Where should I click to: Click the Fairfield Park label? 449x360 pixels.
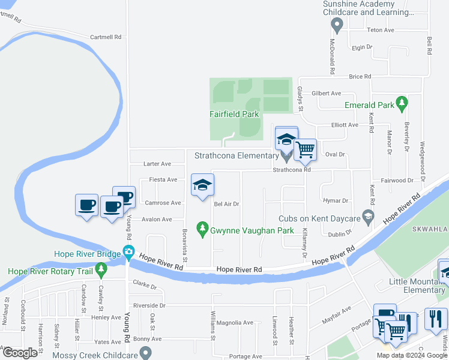pos(234,113)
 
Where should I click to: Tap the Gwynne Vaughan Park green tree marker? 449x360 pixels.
pos(202,228)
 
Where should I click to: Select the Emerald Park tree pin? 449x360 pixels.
pos(402,103)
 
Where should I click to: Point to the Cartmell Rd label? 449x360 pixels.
pos(106,37)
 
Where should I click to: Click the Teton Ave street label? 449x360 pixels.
pos(380,30)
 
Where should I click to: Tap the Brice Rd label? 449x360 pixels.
pos(360,77)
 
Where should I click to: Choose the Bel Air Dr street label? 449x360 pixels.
pos(227,204)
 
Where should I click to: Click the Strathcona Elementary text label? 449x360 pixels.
pos(234,155)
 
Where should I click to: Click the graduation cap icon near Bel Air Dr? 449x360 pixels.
pos(202,185)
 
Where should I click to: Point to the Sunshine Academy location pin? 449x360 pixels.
pos(337,25)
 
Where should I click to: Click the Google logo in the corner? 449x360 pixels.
pos(20,353)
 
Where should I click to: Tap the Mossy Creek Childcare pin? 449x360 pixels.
pos(144,355)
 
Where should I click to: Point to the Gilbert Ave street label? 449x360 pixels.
pos(326,94)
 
